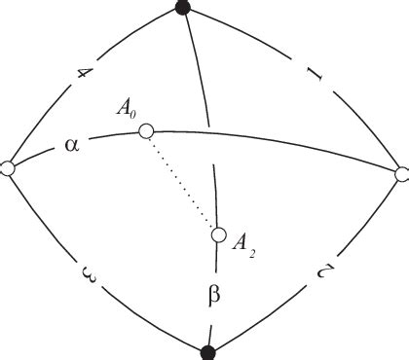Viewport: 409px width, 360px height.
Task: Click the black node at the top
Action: pyautogui.click(x=182, y=8)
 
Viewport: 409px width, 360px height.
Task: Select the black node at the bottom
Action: pyautogui.click(x=207, y=350)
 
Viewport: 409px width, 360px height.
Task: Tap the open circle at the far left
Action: pyautogui.click(x=8, y=168)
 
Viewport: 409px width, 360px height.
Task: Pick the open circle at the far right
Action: pyautogui.click(x=402, y=174)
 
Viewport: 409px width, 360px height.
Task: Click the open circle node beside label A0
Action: pyautogui.click(x=145, y=130)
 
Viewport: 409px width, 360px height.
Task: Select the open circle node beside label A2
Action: pyautogui.click(x=218, y=234)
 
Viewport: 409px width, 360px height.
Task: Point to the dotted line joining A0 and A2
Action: pyautogui.click(x=181, y=182)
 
